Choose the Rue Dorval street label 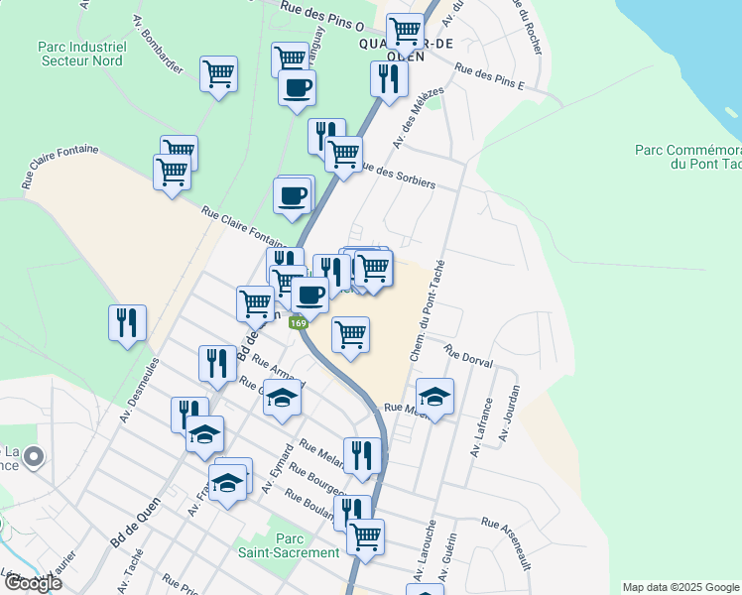(468, 357)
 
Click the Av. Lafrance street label (484, 425)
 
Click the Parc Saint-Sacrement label (288, 545)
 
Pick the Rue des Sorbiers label (398, 175)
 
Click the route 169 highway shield (298, 322)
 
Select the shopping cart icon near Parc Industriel (218, 72)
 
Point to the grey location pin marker (34, 457)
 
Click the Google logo (32, 583)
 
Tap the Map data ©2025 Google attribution (680, 587)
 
